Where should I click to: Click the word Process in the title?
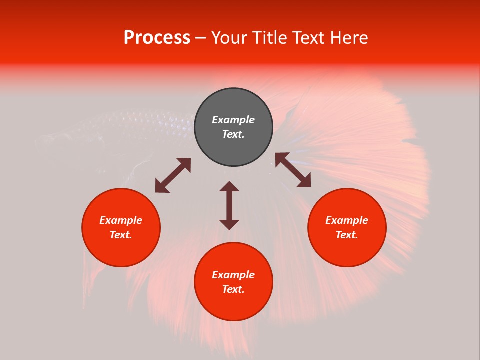click(157, 38)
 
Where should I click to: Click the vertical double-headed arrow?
click(229, 205)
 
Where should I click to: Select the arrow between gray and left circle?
click(173, 175)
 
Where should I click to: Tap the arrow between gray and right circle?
click(293, 170)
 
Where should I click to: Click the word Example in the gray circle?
click(233, 120)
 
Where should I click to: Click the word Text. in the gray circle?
click(233, 134)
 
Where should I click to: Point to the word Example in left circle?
click(121, 220)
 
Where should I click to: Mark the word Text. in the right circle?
click(347, 235)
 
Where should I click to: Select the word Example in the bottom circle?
click(233, 275)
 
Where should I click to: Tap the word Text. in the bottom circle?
click(233, 289)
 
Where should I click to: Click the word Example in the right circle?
click(347, 220)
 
